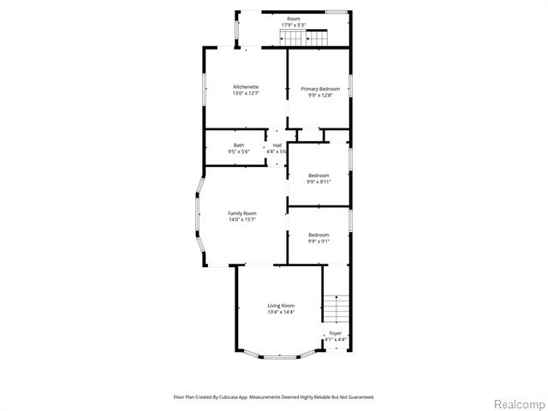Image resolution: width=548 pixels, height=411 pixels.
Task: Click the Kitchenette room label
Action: (246, 87)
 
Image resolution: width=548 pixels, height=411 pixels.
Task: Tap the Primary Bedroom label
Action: (319, 89)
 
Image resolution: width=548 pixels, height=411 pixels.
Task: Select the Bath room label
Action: (238, 146)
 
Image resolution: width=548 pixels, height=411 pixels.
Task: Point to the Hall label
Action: (277, 146)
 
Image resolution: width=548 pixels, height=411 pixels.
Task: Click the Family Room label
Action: (241, 213)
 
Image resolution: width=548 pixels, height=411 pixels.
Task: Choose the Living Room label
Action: (281, 306)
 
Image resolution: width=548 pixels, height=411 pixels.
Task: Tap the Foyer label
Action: (336, 333)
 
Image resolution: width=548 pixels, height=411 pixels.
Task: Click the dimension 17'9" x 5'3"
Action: (294, 25)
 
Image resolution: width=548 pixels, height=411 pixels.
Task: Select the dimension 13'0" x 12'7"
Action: (246, 93)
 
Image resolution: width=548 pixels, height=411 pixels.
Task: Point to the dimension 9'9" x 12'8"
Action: (319, 95)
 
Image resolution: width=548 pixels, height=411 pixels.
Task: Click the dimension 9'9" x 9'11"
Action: (319, 182)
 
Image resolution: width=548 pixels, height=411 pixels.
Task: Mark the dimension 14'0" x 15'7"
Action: (241, 220)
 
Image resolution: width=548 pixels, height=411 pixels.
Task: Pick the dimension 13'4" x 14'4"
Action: (281, 312)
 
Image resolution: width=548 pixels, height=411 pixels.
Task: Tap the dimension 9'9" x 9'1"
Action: (319, 241)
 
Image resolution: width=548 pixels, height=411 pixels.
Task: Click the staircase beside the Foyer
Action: (338, 307)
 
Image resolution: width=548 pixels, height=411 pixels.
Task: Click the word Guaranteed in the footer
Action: (360, 396)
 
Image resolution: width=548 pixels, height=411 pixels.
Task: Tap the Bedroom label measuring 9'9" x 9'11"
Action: (319, 176)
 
